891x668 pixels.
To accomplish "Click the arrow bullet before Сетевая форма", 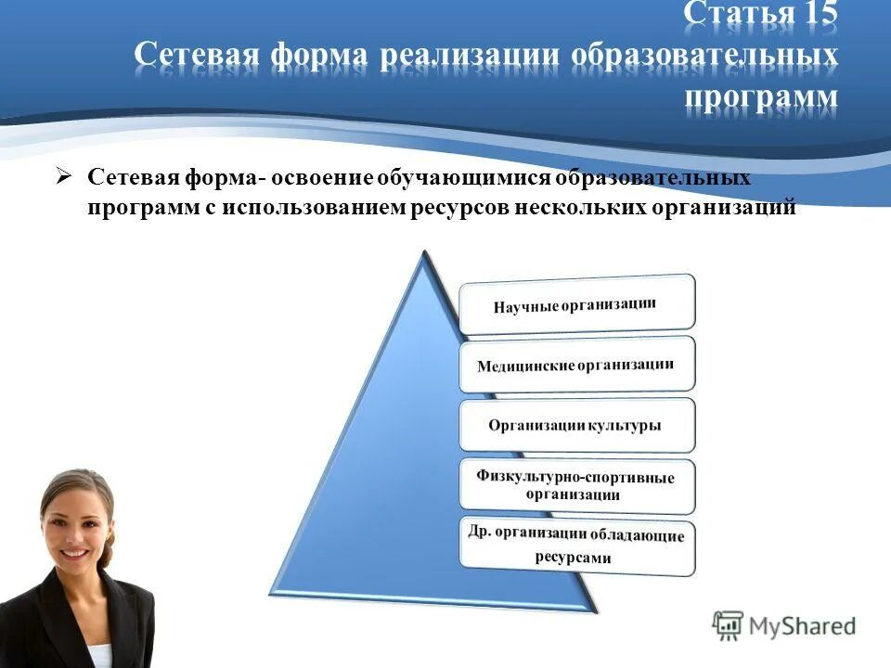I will click(x=63, y=175).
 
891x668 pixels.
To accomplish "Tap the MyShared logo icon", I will click(x=729, y=626).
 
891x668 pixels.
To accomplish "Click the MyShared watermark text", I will click(x=803, y=627).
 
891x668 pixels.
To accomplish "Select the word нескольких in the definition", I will click(x=574, y=208).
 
